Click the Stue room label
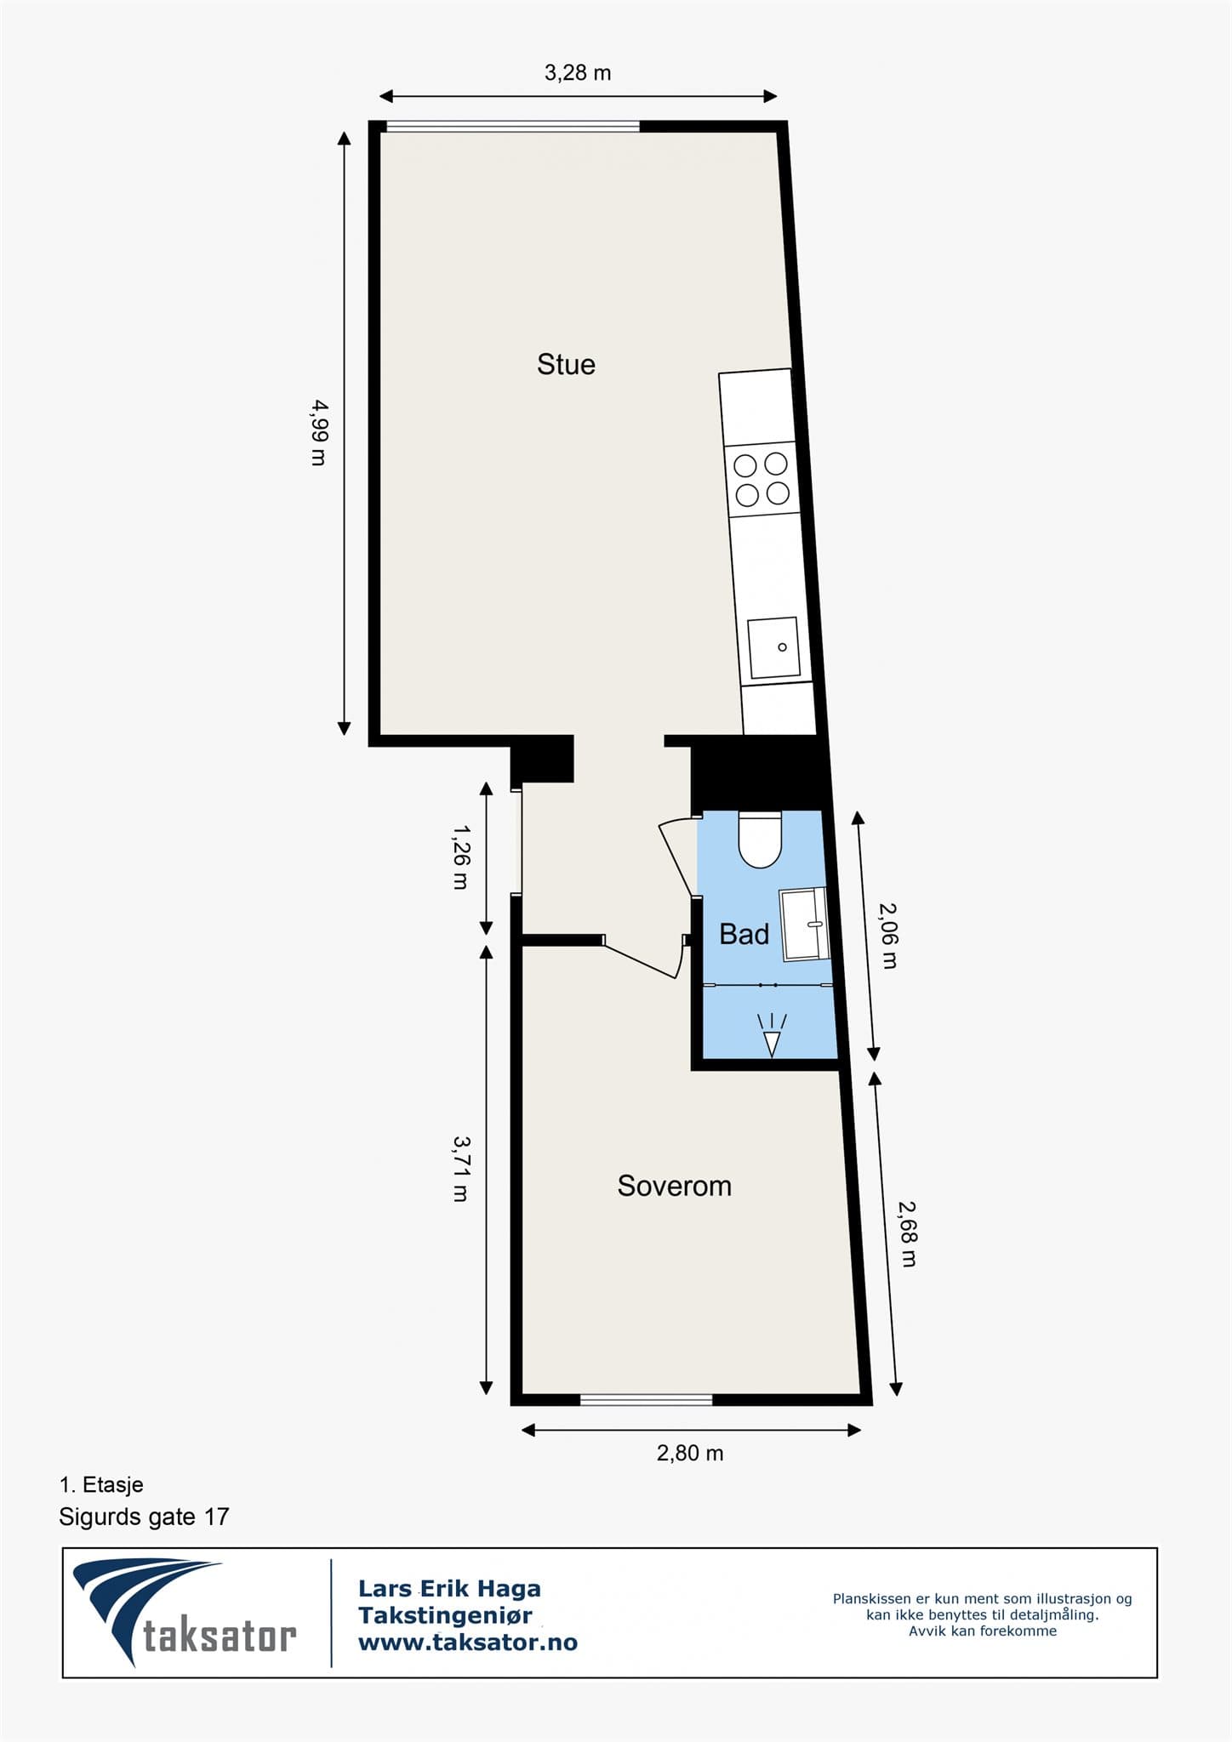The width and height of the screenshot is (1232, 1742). point(566,365)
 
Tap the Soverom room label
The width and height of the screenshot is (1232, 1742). point(674,1186)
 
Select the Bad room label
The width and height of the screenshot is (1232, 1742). point(744,934)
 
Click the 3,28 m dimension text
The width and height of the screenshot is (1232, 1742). point(578,73)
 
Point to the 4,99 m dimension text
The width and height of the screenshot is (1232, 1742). point(318,432)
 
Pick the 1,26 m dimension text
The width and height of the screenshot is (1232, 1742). point(460,856)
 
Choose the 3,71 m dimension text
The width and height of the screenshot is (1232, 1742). point(460,1168)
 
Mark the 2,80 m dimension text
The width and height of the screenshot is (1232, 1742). point(690,1453)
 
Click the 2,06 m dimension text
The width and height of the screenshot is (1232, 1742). point(887,935)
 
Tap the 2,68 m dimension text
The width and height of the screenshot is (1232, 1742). point(908,1233)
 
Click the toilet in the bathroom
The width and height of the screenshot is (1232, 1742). point(760,840)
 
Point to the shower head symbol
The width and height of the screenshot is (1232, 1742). point(772,1036)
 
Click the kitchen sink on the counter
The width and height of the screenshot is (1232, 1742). point(774,648)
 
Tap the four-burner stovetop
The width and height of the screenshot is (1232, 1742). point(762,479)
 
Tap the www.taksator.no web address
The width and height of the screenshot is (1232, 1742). point(467,1642)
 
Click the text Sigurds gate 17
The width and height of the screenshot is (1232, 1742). point(144,1517)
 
